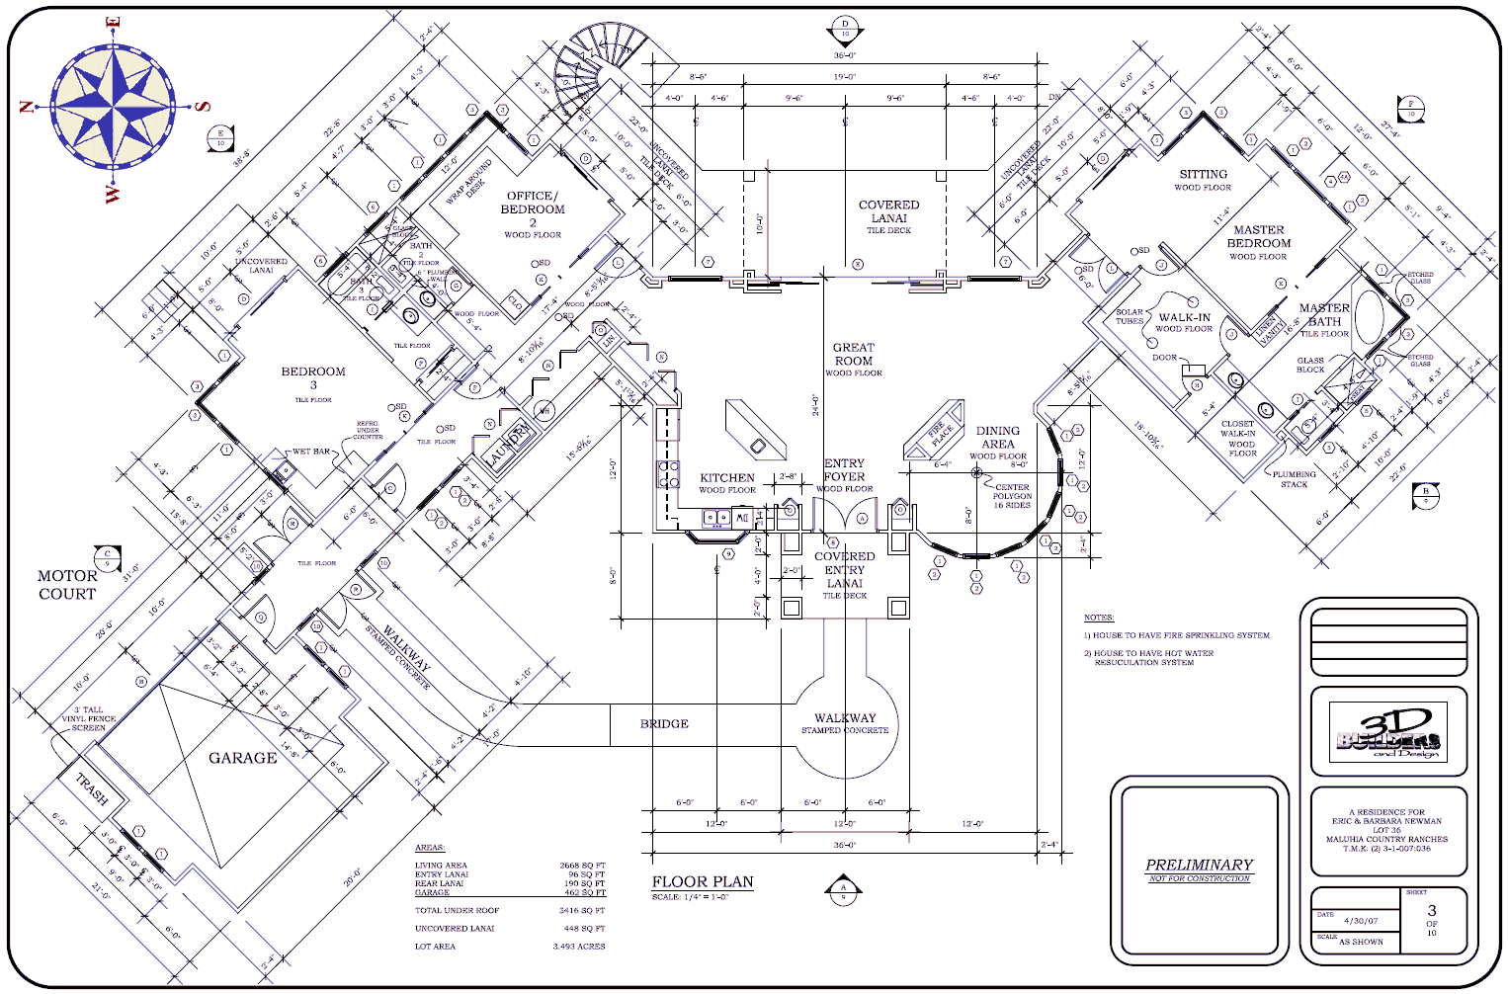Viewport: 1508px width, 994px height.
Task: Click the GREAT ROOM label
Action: (x=853, y=355)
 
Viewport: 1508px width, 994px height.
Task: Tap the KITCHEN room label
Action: (x=727, y=478)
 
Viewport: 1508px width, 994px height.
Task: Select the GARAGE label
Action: (x=242, y=758)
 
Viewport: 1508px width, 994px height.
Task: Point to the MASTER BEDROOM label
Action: (x=1258, y=236)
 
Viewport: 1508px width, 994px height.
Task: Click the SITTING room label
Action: (x=1203, y=174)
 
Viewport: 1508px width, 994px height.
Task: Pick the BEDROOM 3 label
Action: (x=313, y=378)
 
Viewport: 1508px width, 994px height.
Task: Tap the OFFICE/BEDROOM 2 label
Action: (x=533, y=208)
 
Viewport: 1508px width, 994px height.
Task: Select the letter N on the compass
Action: (x=29, y=107)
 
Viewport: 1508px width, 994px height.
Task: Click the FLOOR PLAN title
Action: (x=703, y=881)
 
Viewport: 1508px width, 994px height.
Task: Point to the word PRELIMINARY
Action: (x=1199, y=865)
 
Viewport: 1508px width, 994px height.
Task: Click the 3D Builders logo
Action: (x=1388, y=733)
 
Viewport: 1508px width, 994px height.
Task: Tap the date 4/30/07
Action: (x=1361, y=921)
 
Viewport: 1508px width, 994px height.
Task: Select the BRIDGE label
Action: (x=664, y=724)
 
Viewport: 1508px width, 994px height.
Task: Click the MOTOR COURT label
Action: (x=67, y=585)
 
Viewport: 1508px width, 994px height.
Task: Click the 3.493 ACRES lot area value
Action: (x=578, y=947)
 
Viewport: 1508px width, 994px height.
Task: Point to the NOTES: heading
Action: (x=1099, y=618)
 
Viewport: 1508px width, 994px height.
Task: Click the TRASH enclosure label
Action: (x=92, y=788)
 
